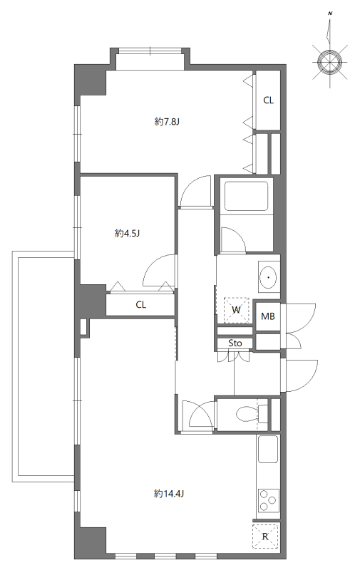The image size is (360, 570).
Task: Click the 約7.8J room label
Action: click(x=167, y=121)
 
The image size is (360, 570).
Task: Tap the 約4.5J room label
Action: click(x=127, y=233)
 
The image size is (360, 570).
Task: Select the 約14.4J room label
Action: click(x=169, y=493)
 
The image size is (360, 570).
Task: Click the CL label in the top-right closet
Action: click(x=268, y=100)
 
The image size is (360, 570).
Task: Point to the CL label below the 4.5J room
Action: click(x=141, y=305)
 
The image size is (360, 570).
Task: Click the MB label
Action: click(x=267, y=316)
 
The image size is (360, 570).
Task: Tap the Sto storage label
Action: click(x=235, y=343)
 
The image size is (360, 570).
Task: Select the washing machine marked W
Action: click(x=236, y=309)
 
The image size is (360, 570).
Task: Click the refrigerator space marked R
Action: click(x=265, y=537)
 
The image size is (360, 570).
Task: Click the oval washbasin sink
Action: click(x=269, y=277)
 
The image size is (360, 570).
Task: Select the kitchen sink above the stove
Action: click(x=268, y=450)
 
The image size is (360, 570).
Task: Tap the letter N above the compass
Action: click(x=330, y=14)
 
